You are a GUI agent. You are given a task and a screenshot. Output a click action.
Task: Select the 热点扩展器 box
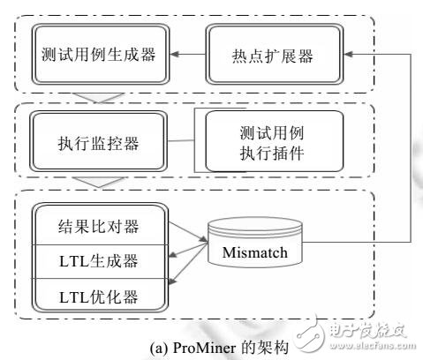262,54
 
